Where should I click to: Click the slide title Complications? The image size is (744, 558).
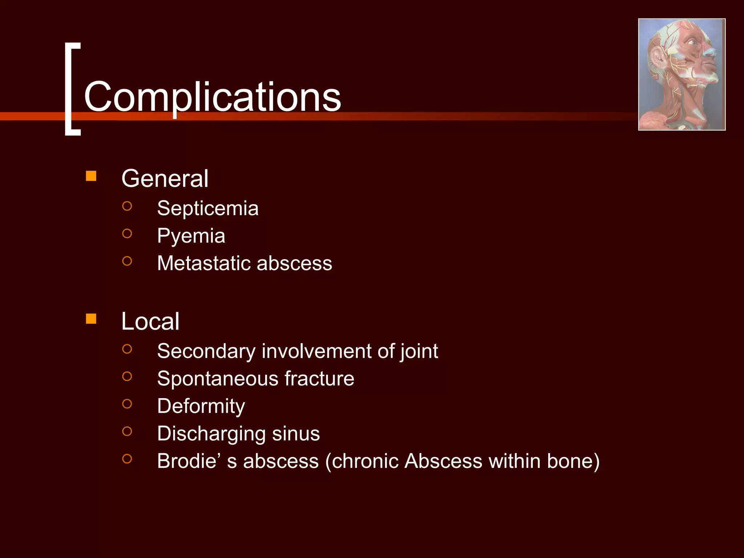pos(213,97)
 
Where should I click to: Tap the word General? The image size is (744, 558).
pos(165,179)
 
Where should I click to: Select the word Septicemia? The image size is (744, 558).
pos(208,209)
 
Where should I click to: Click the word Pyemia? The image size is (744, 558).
pos(191,236)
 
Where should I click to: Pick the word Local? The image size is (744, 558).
pos(150,322)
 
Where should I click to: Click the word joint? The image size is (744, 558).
pos(419,352)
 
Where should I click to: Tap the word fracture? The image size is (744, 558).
pos(319,379)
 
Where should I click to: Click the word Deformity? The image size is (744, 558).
pos(201,406)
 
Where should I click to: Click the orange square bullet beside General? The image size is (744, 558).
pos(91,176)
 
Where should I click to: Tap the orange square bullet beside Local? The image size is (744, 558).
pos(91,319)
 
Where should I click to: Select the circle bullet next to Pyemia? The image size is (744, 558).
pos(127,234)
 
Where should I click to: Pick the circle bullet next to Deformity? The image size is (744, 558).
pos(127,404)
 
